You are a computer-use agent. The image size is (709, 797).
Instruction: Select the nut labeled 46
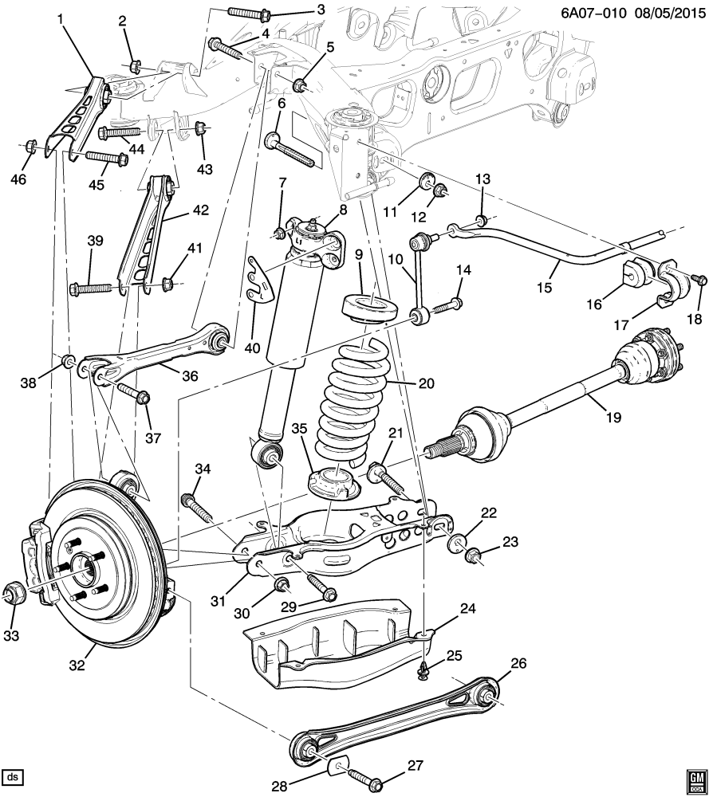30,146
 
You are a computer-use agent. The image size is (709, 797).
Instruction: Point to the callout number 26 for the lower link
518,663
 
